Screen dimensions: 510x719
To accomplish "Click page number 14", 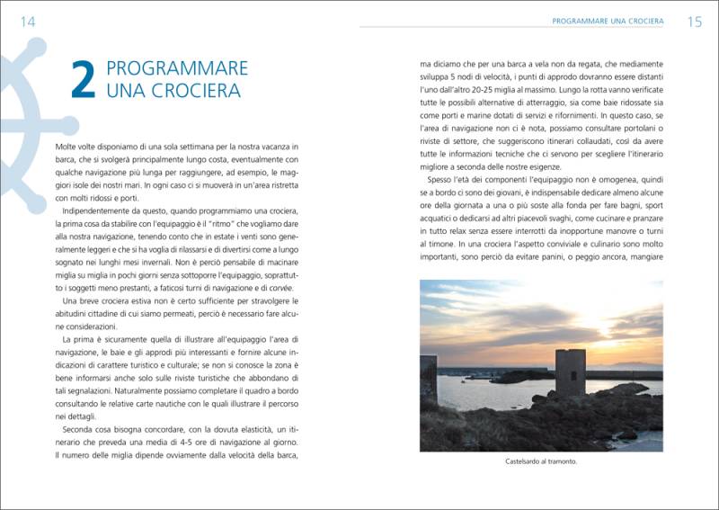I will click(x=27, y=22).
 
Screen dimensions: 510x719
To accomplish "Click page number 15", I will click(x=694, y=22).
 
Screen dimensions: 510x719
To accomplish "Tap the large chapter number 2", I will click(x=83, y=80).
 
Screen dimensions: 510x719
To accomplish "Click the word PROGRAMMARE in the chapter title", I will click(x=177, y=68).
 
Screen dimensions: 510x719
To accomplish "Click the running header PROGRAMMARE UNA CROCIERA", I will click(x=608, y=21).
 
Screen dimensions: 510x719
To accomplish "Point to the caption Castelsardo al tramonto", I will click(x=541, y=462).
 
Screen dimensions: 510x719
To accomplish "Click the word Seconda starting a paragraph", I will click(x=79, y=433).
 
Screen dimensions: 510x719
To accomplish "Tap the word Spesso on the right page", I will click(x=444, y=178).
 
